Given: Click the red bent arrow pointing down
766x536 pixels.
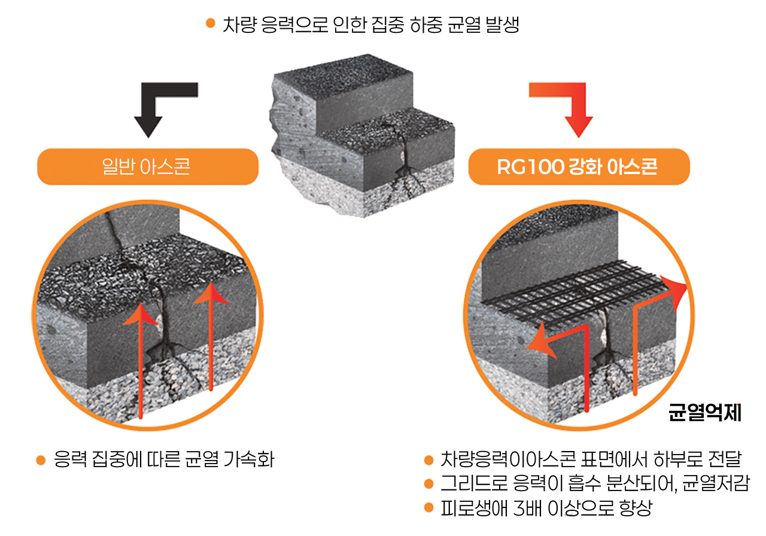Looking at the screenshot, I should tap(571, 111).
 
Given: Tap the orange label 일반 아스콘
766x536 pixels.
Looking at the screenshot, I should tap(147, 166).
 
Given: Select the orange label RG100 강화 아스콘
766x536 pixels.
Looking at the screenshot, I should tap(578, 166).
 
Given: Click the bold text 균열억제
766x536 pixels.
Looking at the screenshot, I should tap(706, 413).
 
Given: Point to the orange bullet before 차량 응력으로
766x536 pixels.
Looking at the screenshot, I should tap(210, 23).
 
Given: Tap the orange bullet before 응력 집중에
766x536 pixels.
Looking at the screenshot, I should tap(41, 460).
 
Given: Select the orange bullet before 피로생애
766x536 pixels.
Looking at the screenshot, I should tap(428, 508).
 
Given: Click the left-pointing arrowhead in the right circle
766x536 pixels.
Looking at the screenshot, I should tap(538, 343).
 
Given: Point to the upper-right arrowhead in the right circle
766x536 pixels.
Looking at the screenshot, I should tap(679, 294).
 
